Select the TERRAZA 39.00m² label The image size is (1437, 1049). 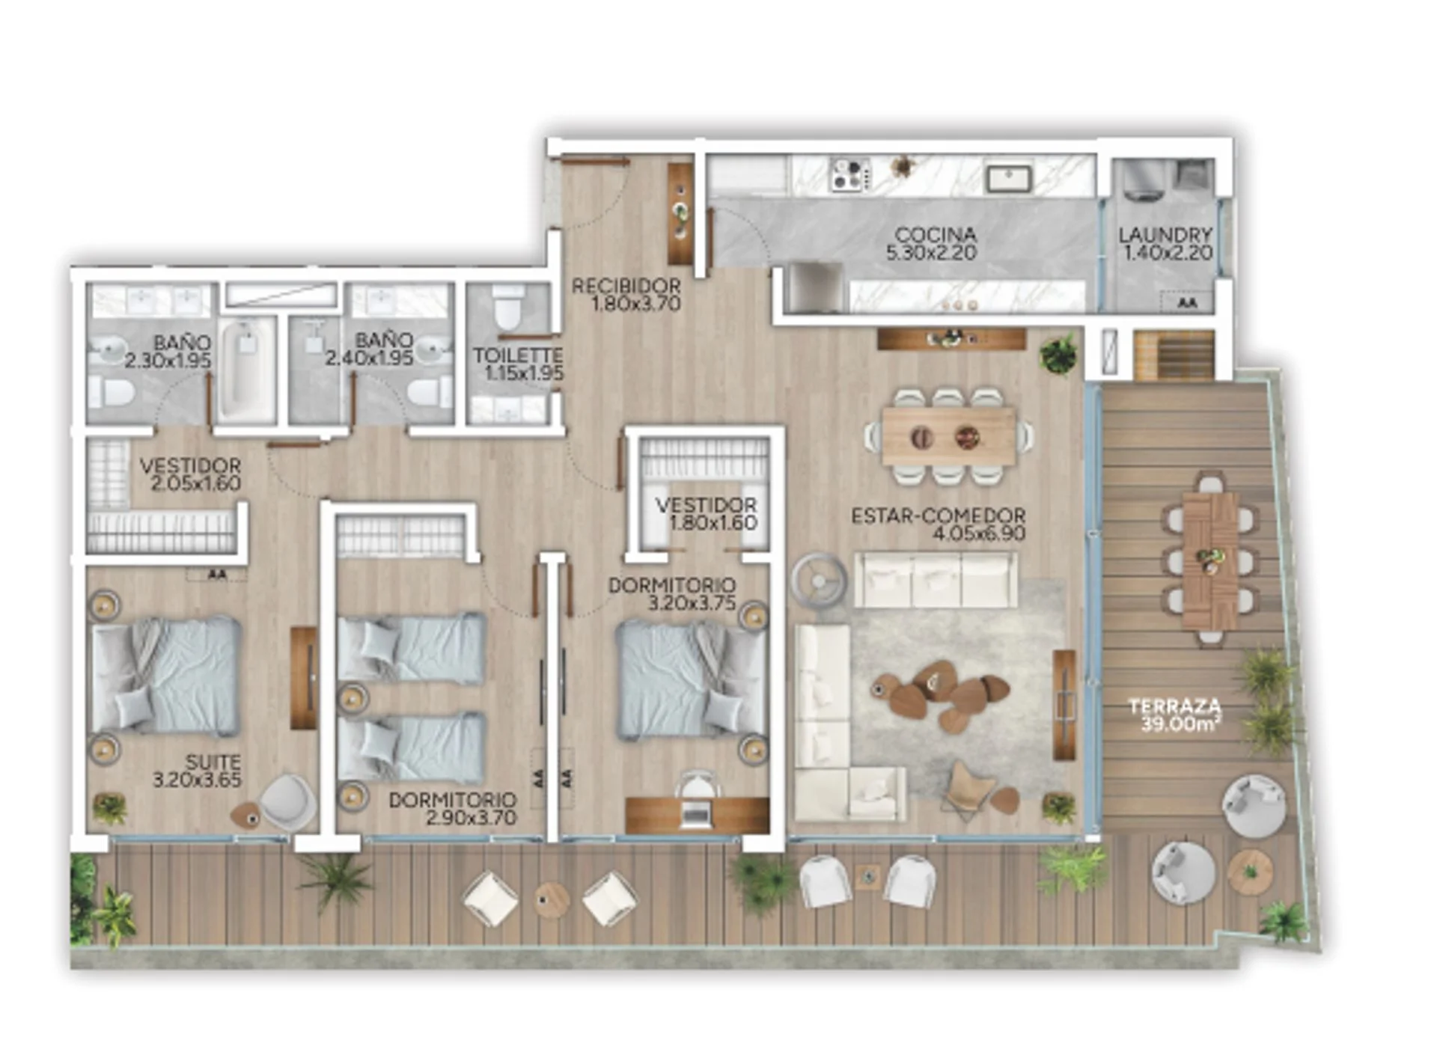tap(1176, 715)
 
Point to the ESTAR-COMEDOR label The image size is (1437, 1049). tap(939, 524)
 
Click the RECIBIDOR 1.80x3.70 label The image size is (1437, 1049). tap(626, 295)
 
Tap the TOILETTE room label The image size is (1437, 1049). tap(518, 364)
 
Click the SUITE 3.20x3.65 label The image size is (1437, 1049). tap(198, 771)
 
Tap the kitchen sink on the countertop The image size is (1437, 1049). tap(1009, 177)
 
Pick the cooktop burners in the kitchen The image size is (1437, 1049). tap(851, 174)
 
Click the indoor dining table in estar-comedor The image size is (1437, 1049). tap(949, 436)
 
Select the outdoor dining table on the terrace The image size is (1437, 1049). tap(1210, 560)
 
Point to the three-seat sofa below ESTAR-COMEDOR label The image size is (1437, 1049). tap(936, 580)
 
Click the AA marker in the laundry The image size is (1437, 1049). tap(1186, 303)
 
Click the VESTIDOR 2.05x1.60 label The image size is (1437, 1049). tap(190, 474)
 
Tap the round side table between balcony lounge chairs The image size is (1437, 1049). tap(552, 899)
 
